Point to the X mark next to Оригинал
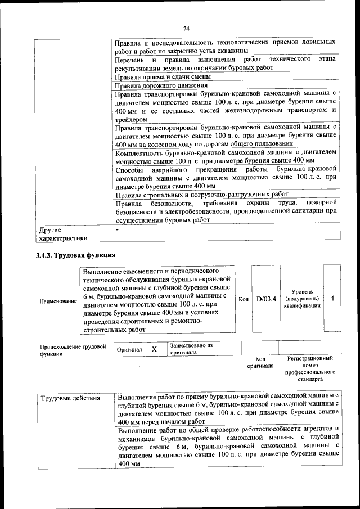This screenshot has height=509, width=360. [x=154, y=349]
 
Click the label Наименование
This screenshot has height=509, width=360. [x=58, y=301]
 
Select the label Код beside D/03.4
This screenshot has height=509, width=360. [x=243, y=299]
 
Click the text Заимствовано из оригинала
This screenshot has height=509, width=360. [x=191, y=349]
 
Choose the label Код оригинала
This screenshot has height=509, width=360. [x=260, y=362]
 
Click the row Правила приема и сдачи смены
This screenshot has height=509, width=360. [x=163, y=76]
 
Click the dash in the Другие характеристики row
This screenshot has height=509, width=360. [x=117, y=230]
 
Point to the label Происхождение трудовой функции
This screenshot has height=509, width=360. [x=73, y=350]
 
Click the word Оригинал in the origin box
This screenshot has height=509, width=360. [x=129, y=349]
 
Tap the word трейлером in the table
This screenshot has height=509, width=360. [x=130, y=120]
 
